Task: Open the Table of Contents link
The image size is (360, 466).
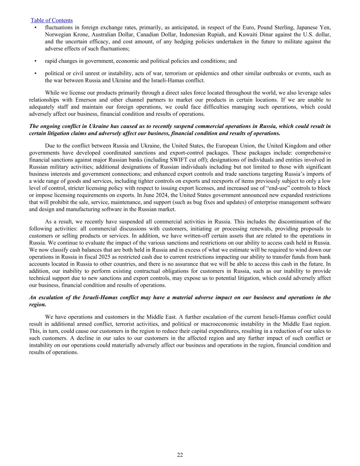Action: pos(52,20)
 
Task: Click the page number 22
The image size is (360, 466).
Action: pos(180,455)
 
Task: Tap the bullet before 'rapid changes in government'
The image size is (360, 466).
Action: pos(36,61)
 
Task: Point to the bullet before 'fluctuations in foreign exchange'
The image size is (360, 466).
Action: pos(36,27)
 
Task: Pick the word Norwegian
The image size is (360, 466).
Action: pos(57,34)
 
